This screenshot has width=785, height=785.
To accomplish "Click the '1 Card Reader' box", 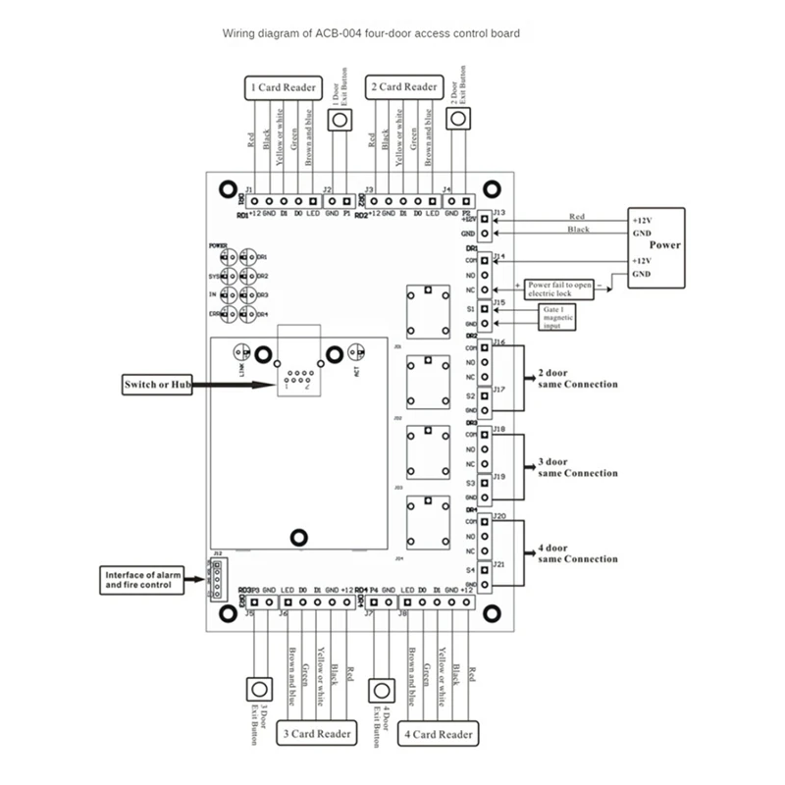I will (x=284, y=88).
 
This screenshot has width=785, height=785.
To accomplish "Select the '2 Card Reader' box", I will (x=404, y=87).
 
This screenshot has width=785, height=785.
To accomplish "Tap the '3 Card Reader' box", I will (x=318, y=733).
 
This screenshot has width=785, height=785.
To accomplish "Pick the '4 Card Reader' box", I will (x=438, y=733).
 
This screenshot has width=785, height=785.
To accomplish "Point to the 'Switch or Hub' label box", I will (x=154, y=384).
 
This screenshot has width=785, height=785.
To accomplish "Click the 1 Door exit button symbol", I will (x=340, y=120).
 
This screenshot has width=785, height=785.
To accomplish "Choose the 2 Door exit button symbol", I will (x=458, y=119).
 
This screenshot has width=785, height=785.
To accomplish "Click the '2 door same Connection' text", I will (x=578, y=379).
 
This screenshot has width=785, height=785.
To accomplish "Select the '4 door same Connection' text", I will (x=578, y=552).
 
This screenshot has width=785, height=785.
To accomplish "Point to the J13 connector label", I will (x=498, y=212).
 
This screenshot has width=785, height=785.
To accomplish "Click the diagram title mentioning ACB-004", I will (x=371, y=33).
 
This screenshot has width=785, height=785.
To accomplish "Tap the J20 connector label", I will (x=498, y=515).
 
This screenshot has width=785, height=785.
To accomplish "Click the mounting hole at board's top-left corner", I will (x=227, y=185).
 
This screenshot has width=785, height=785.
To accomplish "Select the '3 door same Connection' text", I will (x=578, y=467).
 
